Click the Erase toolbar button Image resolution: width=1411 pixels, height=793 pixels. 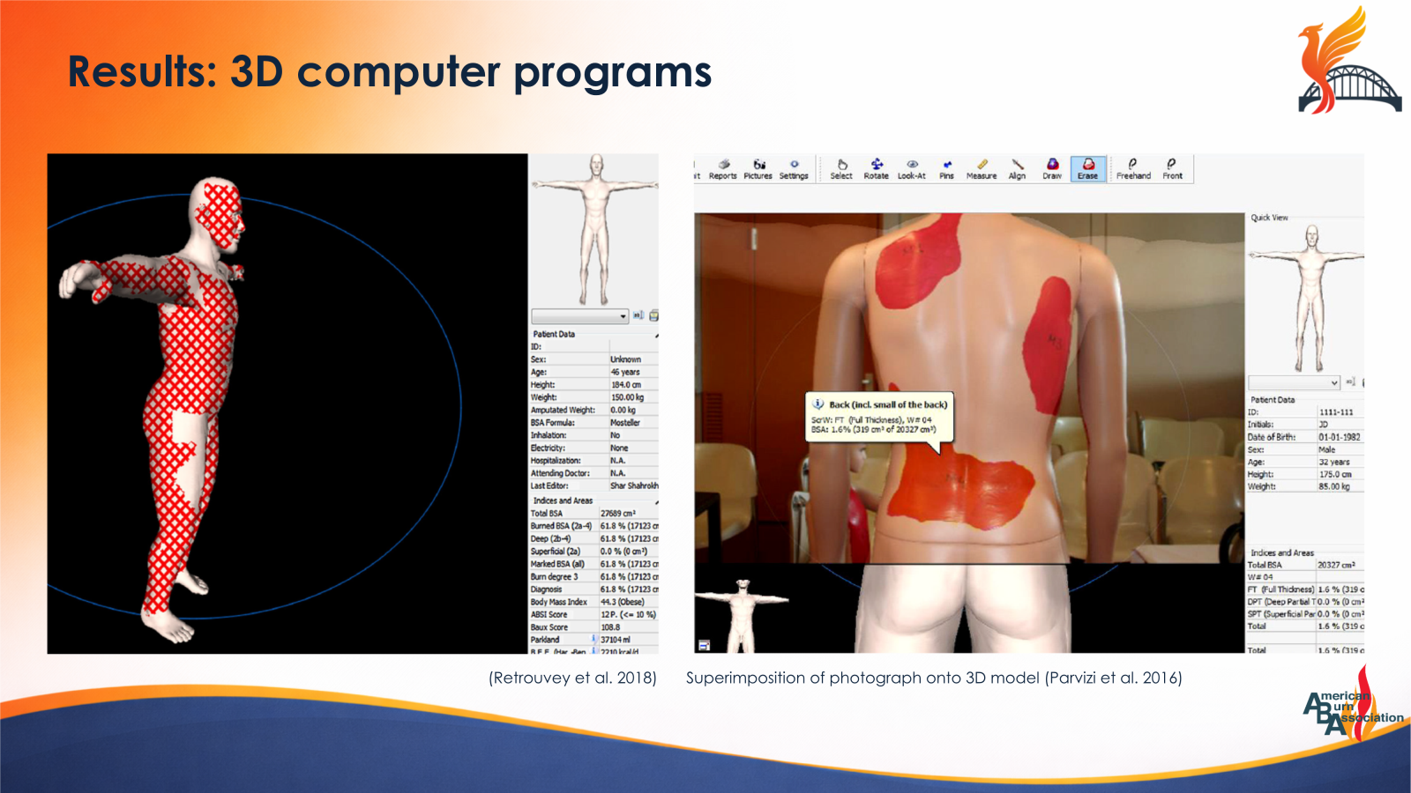coord(1087,168)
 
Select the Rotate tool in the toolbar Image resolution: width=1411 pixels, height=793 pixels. coord(876,168)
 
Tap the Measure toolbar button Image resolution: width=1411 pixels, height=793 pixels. coord(982,168)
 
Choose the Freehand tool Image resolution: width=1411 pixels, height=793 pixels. coord(1133,168)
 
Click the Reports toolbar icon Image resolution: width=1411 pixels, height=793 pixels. coord(723,168)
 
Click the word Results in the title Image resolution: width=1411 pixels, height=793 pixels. coord(142,72)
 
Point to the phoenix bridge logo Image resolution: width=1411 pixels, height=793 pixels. coord(1348,62)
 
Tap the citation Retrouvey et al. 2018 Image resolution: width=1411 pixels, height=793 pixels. coord(572,678)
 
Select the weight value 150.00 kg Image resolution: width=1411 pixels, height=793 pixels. coord(627,397)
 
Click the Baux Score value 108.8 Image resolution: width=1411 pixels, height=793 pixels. coord(610,627)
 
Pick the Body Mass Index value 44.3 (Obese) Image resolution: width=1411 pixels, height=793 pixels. coord(622,602)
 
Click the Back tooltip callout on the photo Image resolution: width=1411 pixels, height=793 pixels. coord(879,417)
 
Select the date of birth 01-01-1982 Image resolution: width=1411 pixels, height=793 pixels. coord(1339,437)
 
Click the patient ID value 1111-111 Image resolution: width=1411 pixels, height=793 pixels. coord(1335,411)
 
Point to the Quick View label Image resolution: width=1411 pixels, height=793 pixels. coord(1269,218)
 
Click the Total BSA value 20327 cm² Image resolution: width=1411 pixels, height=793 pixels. coord(1335,565)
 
